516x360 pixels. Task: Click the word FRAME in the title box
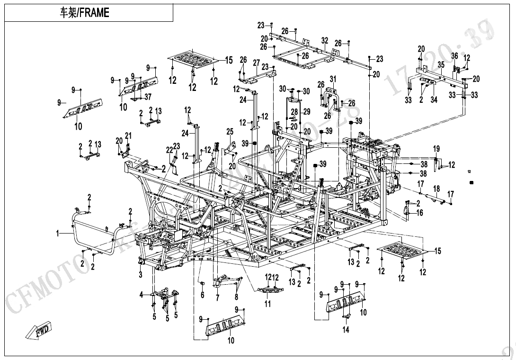point(94,13)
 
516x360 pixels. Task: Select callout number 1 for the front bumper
point(58,233)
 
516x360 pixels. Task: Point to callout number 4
point(141,295)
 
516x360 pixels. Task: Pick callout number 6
point(202,295)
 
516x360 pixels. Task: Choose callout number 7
point(217,297)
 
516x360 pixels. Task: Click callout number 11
point(268,304)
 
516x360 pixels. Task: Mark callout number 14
point(346,330)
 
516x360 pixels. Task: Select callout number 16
point(420,213)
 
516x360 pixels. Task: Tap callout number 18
point(436,189)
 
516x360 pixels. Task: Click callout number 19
point(436,149)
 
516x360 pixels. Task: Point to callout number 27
point(256,63)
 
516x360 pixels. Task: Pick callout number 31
point(333,79)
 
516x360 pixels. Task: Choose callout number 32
point(324,41)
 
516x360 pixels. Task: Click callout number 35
point(440,64)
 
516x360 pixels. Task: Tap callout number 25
point(230,131)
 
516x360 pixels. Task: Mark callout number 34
point(434,99)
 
